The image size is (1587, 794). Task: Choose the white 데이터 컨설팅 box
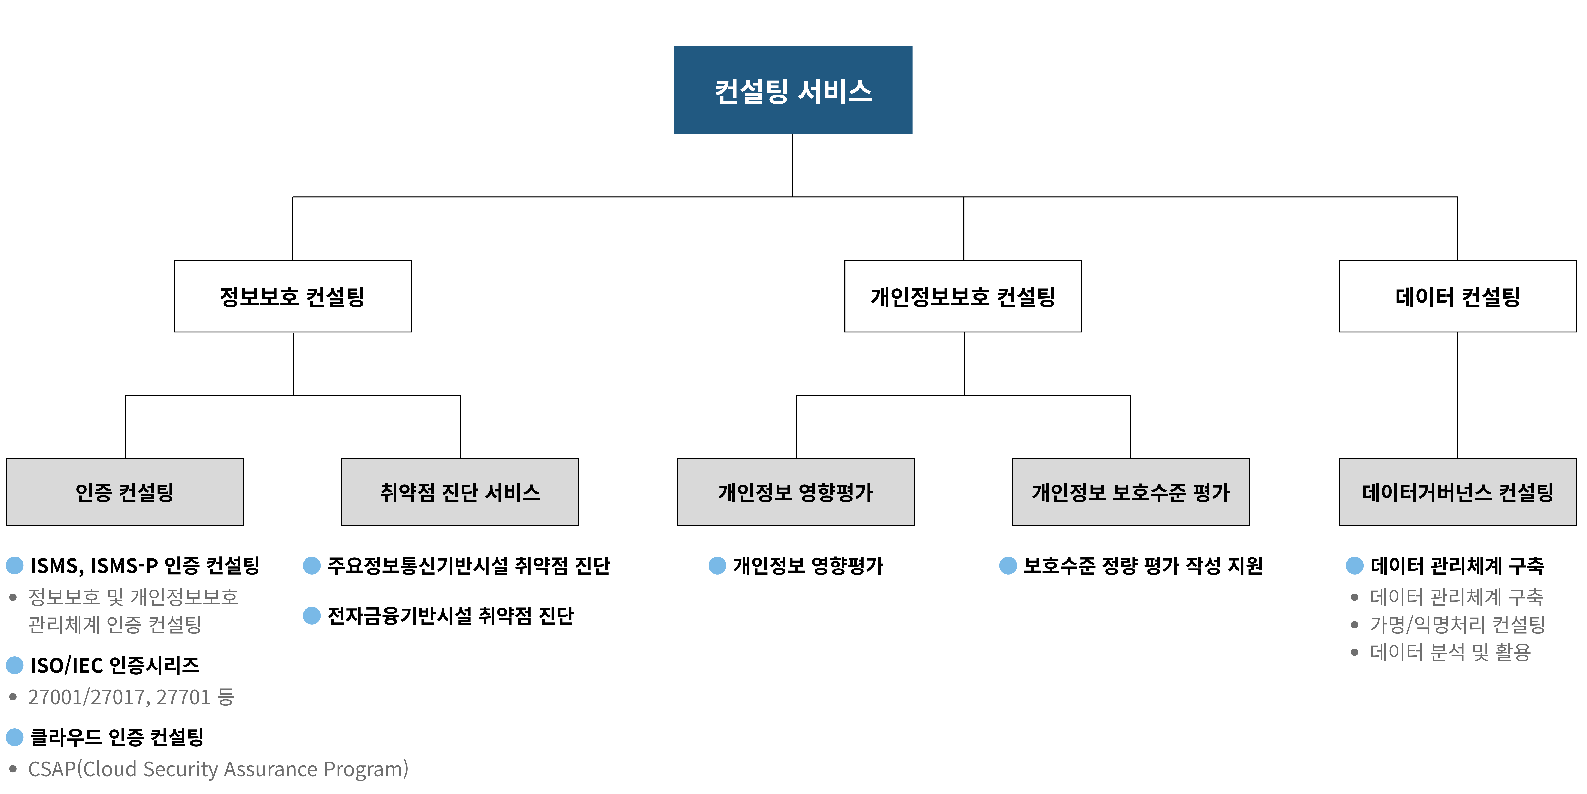pos(1458,297)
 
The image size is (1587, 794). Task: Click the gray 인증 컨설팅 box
pos(124,492)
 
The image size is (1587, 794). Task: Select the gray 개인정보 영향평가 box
pos(795,492)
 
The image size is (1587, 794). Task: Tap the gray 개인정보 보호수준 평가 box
pos(1130,492)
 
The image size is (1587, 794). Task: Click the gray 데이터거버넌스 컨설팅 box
pos(1458,492)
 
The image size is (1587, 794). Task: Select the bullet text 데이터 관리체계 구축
pos(1456,597)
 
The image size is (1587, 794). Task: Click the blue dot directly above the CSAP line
pos(15,737)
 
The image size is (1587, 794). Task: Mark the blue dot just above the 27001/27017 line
pos(15,665)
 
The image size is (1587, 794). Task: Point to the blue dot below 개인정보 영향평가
pos(717,565)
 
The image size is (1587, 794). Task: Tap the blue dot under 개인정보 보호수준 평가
pos(1008,565)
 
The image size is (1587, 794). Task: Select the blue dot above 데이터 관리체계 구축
pos(1355,565)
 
